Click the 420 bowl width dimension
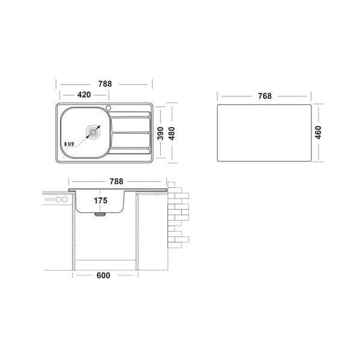click(x=84, y=95)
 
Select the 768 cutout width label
click(x=265, y=96)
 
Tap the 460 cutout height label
click(x=318, y=133)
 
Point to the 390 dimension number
click(x=160, y=133)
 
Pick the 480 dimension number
click(x=172, y=133)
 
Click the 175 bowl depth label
click(x=101, y=200)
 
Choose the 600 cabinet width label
click(x=103, y=275)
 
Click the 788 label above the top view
click(x=105, y=84)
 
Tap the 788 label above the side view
click(x=116, y=181)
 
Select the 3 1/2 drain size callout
click(x=69, y=144)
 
